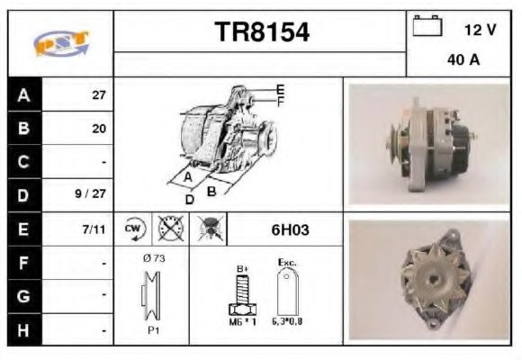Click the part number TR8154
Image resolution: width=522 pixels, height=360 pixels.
(x=262, y=33)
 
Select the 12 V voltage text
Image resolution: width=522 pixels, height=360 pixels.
(x=480, y=30)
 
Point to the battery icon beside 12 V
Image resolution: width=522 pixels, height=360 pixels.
(x=427, y=27)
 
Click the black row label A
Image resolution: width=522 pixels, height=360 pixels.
(x=22, y=94)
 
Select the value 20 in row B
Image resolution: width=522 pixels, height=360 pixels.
(x=99, y=129)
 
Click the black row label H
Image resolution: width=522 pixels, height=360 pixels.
(x=22, y=330)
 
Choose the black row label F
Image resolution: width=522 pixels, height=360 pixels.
(x=22, y=264)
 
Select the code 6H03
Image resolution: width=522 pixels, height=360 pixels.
(x=290, y=229)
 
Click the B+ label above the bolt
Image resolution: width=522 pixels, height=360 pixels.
(x=242, y=268)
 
